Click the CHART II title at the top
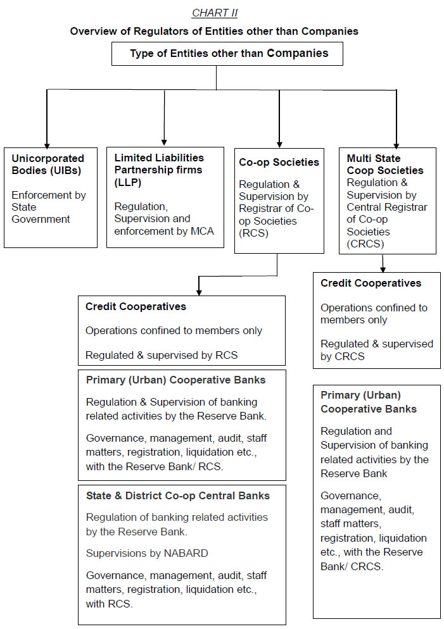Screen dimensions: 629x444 [215, 13]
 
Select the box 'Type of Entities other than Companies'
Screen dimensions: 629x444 [227, 54]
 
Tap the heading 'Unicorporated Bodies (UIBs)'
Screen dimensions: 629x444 [48, 164]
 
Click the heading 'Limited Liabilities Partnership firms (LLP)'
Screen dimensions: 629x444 [159, 170]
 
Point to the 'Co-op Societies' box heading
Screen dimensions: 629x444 [279, 163]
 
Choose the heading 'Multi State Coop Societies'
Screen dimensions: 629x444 [385, 164]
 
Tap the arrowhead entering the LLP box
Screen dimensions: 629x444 [164, 142]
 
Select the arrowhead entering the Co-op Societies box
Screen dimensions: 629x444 [279, 143]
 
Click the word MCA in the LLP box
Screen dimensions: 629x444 [202, 231]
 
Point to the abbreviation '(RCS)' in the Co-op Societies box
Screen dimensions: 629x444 [253, 232]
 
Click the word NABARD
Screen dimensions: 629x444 [183, 553]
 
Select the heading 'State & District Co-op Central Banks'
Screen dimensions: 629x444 [177, 495]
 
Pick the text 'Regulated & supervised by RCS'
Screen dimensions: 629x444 [162, 355]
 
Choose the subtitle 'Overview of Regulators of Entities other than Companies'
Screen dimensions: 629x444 [214, 31]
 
